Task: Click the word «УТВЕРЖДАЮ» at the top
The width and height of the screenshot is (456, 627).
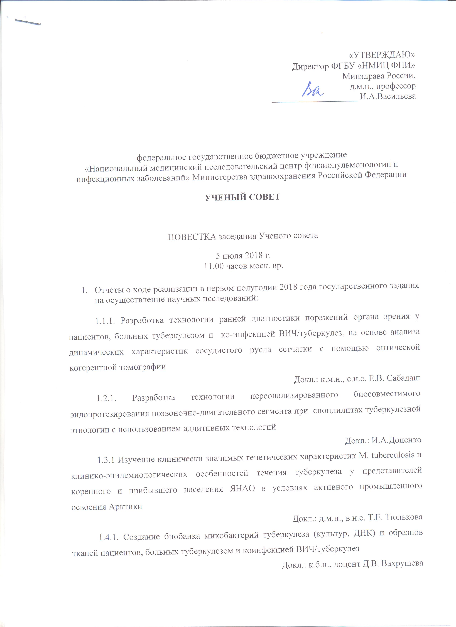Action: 382,54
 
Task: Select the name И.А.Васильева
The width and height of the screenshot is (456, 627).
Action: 388,96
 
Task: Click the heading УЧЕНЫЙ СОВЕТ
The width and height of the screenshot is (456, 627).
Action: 242,197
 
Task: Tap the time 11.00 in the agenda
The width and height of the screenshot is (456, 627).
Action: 212,266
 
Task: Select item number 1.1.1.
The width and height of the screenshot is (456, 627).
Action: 105,321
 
